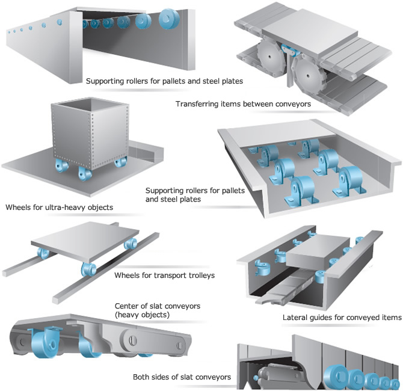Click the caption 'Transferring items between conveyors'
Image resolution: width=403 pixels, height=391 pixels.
pyautogui.click(x=243, y=104)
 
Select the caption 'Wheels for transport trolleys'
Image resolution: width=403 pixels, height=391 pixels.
pyautogui.click(x=164, y=276)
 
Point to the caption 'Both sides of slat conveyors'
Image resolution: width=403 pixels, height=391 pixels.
pyautogui.click(x=182, y=377)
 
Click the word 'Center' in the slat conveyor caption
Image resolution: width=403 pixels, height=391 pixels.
pyautogui.click(x=128, y=306)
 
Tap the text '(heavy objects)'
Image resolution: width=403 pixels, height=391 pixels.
pyautogui.click(x=143, y=315)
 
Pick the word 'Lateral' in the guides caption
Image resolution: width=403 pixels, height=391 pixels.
pyautogui.click(x=296, y=318)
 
